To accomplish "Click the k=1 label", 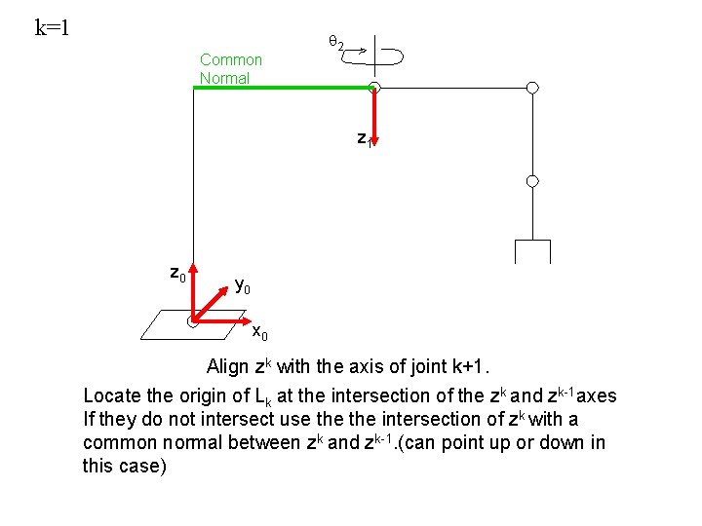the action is click(52, 26).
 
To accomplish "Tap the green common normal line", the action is click(283, 87).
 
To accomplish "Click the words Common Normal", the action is click(230, 68).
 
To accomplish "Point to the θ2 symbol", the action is click(334, 43).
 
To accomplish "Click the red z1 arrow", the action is click(373, 117).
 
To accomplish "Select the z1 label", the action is click(363, 138).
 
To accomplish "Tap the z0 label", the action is click(177, 274).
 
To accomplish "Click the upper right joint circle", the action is click(532, 88).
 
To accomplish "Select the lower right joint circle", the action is click(532, 181).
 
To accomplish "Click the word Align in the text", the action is click(228, 367).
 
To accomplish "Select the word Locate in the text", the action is click(111, 395).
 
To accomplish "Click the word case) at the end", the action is click(143, 466).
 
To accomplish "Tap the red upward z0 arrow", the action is click(193, 287).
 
